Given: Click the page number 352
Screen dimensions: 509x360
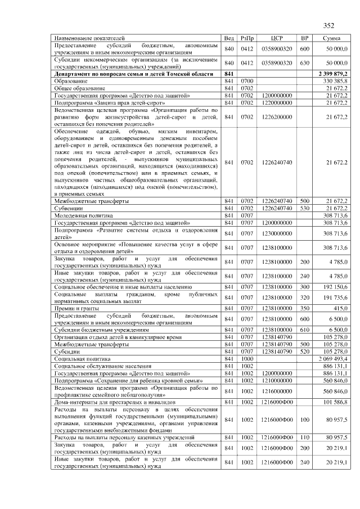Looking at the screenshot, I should tap(328, 25).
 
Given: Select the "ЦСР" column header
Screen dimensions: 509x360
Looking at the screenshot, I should tap(276, 38).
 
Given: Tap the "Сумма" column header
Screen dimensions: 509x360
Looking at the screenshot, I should tap(331, 38).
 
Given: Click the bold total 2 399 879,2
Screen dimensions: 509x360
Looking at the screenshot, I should tap(333, 74).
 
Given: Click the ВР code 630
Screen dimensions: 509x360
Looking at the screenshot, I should tap(305, 63).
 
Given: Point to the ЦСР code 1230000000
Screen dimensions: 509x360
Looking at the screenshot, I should tap(276, 233).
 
